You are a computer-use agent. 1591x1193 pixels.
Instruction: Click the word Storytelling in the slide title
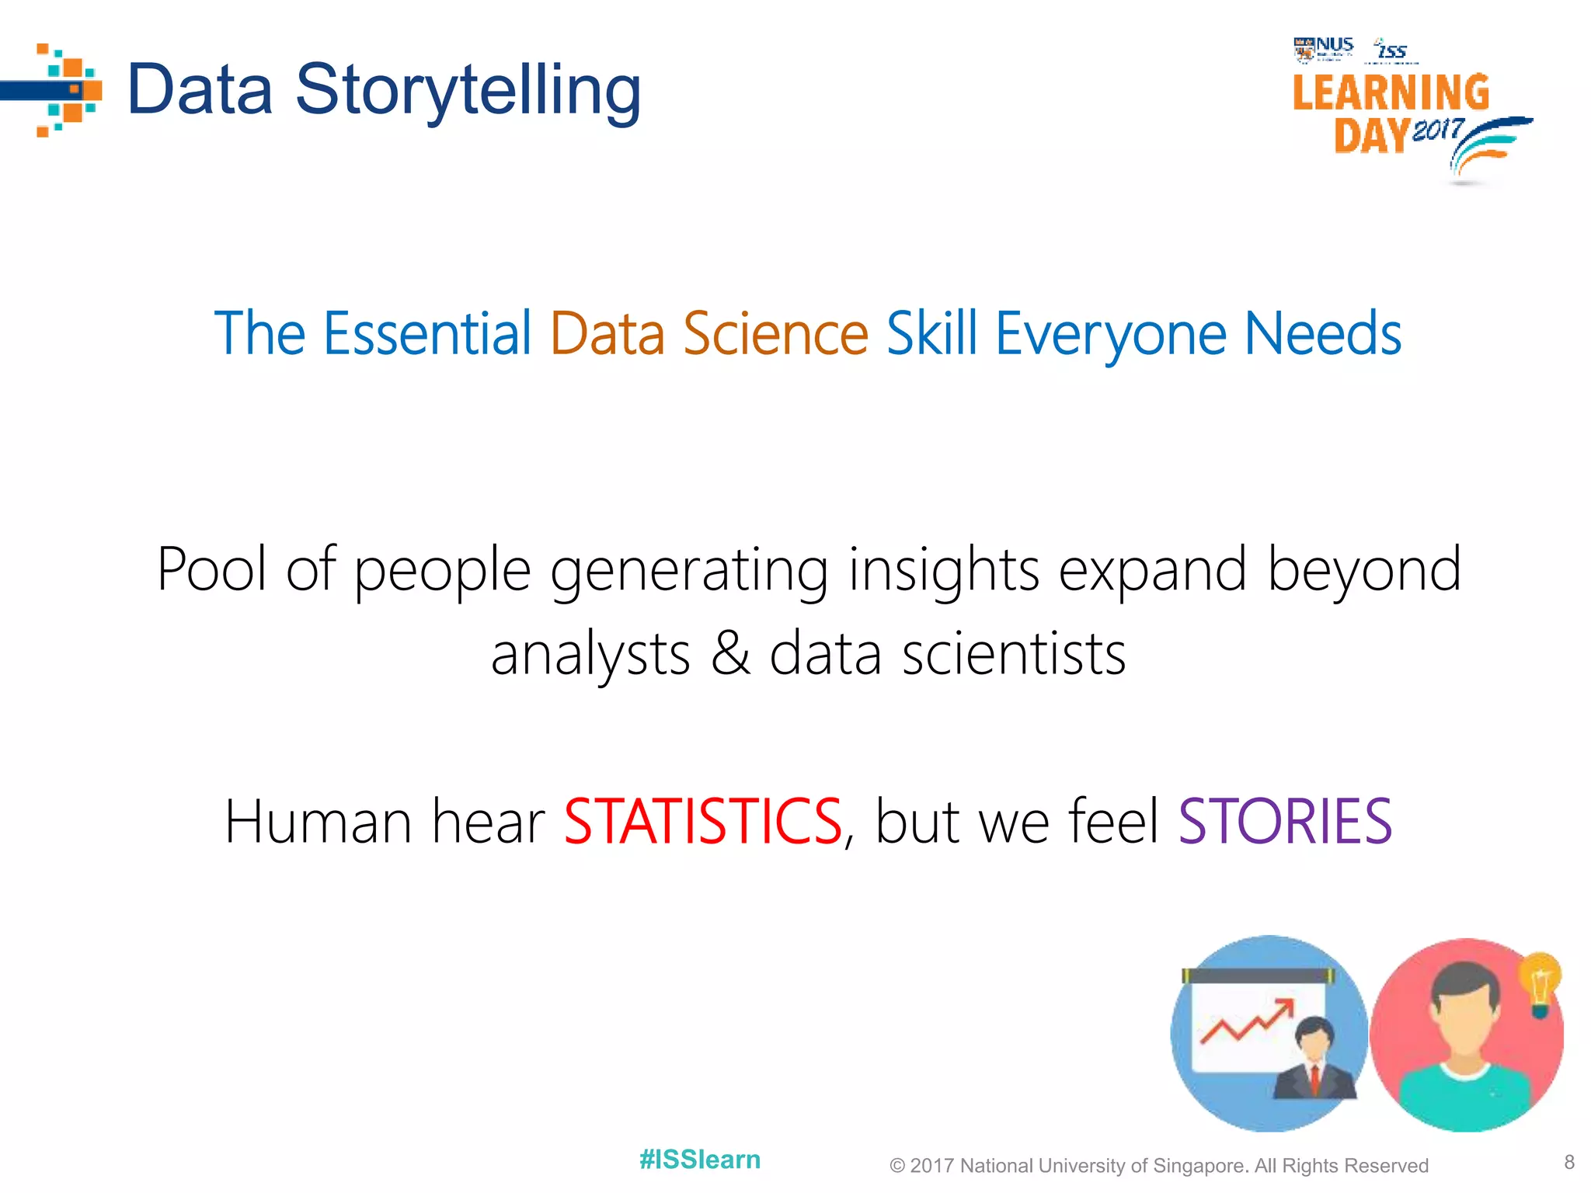point(468,90)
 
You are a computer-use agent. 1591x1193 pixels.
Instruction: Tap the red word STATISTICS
point(703,822)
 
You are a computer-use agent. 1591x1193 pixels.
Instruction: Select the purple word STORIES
point(1285,822)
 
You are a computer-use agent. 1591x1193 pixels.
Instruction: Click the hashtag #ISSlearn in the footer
point(700,1160)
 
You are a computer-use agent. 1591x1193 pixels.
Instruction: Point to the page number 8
point(1569,1162)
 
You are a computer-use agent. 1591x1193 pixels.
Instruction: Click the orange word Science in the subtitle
point(775,334)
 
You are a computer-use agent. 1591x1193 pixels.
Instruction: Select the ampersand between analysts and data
point(730,652)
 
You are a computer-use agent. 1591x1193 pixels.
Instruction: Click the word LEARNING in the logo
point(1391,93)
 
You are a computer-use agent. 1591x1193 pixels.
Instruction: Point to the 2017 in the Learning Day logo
point(1438,129)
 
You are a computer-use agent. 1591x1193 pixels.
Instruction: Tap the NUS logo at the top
point(1324,48)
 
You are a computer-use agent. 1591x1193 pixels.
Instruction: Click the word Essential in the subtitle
point(427,334)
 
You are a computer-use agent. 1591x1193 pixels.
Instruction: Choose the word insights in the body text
point(943,569)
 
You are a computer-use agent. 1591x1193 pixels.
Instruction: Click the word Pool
point(212,569)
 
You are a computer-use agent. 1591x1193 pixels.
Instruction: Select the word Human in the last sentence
point(319,822)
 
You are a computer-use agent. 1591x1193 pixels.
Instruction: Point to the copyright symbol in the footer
point(897,1166)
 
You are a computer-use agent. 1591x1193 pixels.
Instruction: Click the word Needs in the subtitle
point(1323,334)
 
